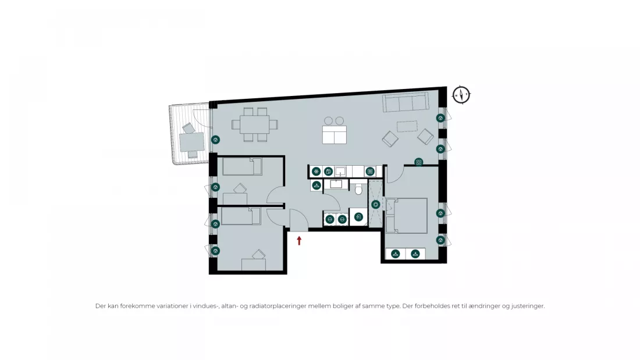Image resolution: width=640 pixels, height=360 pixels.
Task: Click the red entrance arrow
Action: click(299, 241)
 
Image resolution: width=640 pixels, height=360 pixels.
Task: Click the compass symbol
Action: click(461, 95)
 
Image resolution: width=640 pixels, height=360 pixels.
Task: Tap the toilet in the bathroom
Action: click(359, 189)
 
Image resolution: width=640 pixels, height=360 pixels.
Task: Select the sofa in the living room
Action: click(406, 102)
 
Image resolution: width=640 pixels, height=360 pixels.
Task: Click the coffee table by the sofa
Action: click(407, 126)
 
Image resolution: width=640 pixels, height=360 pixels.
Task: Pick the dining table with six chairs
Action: click(255, 124)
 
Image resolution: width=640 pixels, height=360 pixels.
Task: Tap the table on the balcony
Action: click(192, 142)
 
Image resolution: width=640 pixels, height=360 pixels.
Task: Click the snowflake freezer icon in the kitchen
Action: click(316, 172)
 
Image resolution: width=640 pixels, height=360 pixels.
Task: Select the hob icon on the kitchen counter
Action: click(370, 172)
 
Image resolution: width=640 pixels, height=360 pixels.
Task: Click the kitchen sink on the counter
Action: click(340, 172)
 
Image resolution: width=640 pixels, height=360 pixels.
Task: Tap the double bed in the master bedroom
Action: click(407, 216)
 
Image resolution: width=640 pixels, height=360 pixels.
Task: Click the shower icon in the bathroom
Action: click(375, 205)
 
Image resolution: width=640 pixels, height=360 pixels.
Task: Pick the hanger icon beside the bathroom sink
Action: click(317, 186)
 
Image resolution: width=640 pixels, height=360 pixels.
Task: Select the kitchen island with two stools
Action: click(335, 131)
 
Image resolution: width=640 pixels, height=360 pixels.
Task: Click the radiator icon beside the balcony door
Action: click(215, 140)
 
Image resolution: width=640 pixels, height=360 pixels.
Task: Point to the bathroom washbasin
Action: click(336, 184)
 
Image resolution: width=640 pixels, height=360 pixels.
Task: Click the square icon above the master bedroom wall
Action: click(418, 162)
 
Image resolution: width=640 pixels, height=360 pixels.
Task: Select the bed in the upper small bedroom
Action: click(242, 167)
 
